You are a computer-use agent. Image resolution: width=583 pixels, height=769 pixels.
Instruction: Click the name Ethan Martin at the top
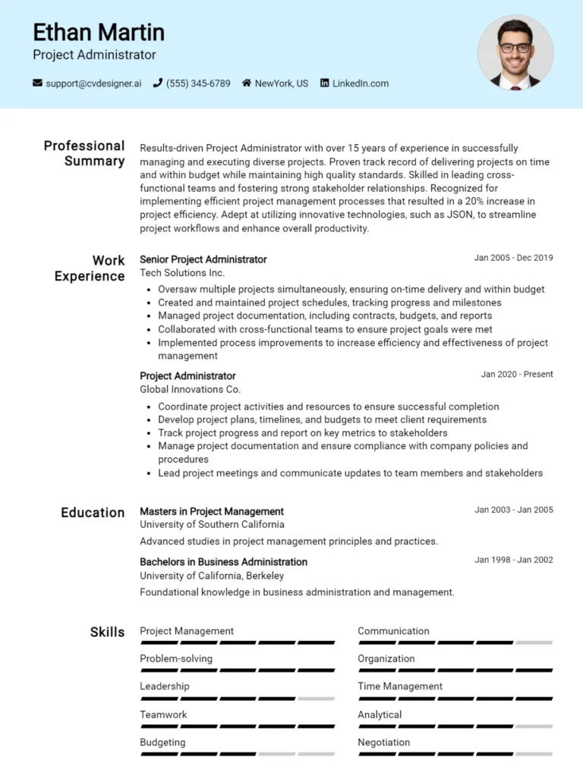99,33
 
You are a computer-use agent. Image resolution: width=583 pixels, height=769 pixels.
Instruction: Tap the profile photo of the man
515,53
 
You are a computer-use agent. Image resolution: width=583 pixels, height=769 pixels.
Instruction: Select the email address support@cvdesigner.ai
93,83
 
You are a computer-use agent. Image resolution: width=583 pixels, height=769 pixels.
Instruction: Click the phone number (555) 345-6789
197,83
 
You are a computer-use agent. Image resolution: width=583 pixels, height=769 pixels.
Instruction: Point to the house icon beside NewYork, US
247,83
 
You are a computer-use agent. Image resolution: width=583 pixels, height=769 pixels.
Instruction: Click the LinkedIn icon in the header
325,83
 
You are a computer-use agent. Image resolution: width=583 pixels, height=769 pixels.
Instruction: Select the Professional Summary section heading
84,153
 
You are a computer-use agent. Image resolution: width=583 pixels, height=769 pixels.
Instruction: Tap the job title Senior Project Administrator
203,259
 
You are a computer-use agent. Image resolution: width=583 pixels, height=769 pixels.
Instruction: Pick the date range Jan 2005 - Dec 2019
513,258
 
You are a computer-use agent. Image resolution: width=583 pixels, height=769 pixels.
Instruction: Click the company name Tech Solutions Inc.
182,273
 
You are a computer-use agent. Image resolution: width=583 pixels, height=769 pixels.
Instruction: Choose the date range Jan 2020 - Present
516,374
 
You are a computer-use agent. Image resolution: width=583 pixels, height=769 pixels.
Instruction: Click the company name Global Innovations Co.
190,389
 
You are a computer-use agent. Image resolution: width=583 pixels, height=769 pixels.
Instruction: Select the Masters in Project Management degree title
211,511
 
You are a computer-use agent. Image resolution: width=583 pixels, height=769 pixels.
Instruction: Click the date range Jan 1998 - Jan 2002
513,560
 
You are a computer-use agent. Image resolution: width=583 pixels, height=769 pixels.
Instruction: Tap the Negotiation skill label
383,742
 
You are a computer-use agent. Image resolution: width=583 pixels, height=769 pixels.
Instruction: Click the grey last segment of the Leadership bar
316,698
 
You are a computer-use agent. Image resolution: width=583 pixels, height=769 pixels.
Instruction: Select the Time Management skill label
399,686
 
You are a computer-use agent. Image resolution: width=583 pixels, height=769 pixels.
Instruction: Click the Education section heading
93,513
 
